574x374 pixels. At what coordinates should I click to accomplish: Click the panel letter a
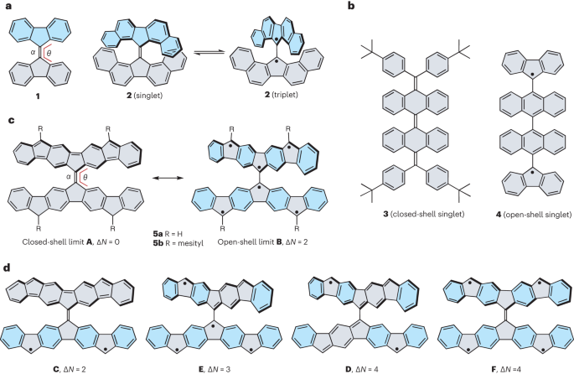(x=6, y=7)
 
